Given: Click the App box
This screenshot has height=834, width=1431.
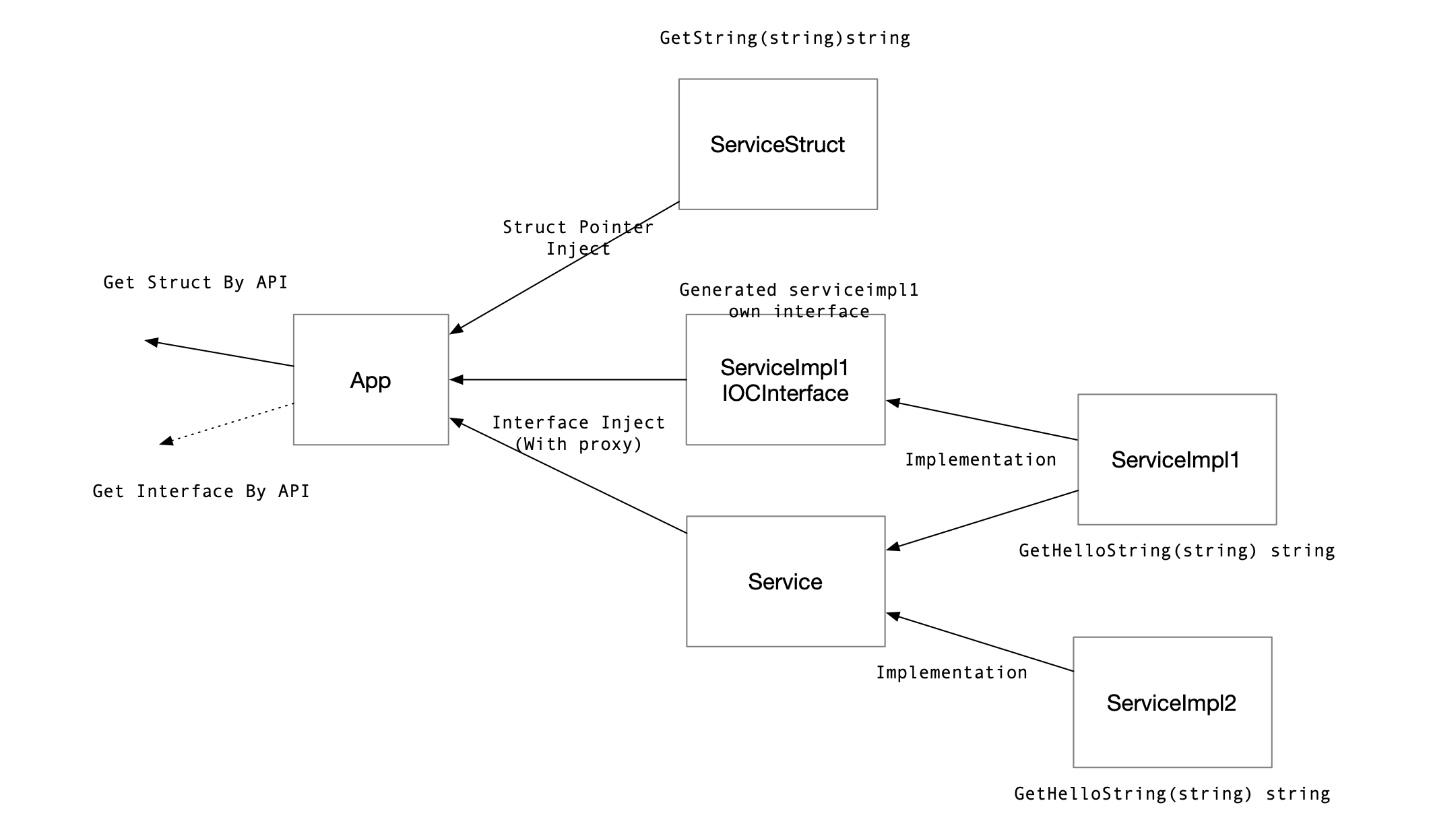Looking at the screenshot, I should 371,379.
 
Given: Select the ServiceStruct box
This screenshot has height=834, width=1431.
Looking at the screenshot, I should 777,144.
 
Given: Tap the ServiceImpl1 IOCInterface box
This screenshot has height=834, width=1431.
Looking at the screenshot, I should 785,380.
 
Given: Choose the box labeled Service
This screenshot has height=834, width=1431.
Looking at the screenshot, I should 785,581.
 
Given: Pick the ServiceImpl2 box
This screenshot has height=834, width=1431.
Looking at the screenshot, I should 1172,702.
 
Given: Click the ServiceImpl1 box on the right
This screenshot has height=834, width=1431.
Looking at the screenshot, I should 1176,459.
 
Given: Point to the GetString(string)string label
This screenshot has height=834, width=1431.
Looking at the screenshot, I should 784,38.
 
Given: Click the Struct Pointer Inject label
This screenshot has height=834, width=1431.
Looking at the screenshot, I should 578,238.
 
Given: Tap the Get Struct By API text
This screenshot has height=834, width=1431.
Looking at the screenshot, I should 195,282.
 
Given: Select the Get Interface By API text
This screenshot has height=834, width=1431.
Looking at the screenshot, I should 201,491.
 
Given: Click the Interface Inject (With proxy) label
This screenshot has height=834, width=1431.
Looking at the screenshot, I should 578,433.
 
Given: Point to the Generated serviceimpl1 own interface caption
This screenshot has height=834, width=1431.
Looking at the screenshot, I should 798,300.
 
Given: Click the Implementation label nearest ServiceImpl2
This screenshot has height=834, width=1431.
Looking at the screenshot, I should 951,672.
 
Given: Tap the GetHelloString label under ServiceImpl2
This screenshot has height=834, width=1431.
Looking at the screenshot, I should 1172,794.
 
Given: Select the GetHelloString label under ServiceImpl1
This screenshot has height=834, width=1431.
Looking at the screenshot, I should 1176,550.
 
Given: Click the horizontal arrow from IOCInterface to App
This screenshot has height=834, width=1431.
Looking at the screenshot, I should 567,380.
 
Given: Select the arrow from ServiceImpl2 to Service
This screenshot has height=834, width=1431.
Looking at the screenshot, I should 980,643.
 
